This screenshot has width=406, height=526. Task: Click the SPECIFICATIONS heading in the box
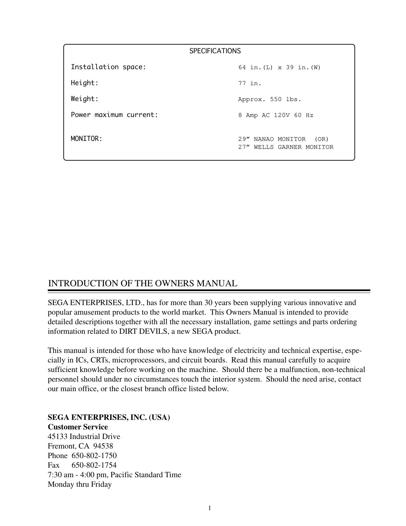(x=215, y=51)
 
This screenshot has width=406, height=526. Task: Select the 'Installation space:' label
(x=108, y=67)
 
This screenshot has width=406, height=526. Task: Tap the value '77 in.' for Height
(x=250, y=84)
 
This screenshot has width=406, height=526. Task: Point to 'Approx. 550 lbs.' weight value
(x=269, y=99)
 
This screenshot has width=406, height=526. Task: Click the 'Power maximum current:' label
(x=114, y=115)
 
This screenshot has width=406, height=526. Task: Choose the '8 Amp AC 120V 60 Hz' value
(x=275, y=115)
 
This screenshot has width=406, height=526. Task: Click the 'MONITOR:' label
(x=87, y=139)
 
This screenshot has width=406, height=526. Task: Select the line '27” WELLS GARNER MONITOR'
(x=286, y=147)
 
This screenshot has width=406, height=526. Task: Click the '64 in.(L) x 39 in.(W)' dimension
(x=279, y=68)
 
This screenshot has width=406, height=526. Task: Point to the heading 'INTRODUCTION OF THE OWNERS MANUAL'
(x=142, y=283)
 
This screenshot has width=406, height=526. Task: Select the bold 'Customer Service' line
(x=78, y=427)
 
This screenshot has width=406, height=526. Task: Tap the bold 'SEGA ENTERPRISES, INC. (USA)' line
(x=109, y=417)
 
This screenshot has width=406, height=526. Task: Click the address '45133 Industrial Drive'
(x=84, y=436)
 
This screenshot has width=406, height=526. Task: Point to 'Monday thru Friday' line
(x=80, y=484)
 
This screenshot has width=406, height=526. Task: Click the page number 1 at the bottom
(x=210, y=508)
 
